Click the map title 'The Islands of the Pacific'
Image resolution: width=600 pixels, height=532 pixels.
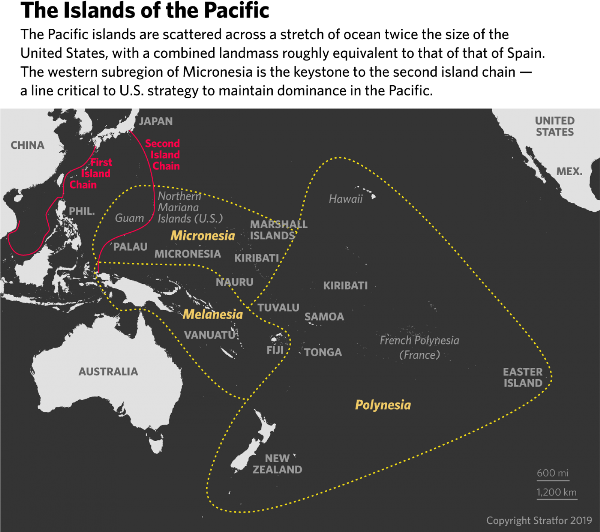point(145,11)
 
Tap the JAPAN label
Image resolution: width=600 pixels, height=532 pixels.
point(156,121)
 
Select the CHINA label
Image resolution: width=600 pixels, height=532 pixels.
point(28,145)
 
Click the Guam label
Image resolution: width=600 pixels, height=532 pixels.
point(129,218)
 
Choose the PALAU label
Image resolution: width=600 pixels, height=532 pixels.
point(130,247)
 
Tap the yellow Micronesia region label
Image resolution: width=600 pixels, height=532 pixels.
point(203,236)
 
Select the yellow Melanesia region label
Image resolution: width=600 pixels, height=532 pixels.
point(212,314)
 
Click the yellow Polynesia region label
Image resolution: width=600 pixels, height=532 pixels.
point(383,405)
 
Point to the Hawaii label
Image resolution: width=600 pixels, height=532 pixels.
point(345,199)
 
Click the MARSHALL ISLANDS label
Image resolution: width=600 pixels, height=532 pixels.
point(278,230)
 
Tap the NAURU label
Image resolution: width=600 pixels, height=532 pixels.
point(234,282)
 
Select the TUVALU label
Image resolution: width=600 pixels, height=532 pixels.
point(278,308)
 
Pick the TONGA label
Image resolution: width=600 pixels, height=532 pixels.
point(323,352)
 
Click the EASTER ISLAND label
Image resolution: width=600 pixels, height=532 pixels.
point(523,378)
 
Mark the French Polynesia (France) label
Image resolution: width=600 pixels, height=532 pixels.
point(419,348)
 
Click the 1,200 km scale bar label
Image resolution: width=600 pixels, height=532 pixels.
point(556,492)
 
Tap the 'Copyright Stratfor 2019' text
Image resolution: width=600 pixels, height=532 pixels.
point(539,521)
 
